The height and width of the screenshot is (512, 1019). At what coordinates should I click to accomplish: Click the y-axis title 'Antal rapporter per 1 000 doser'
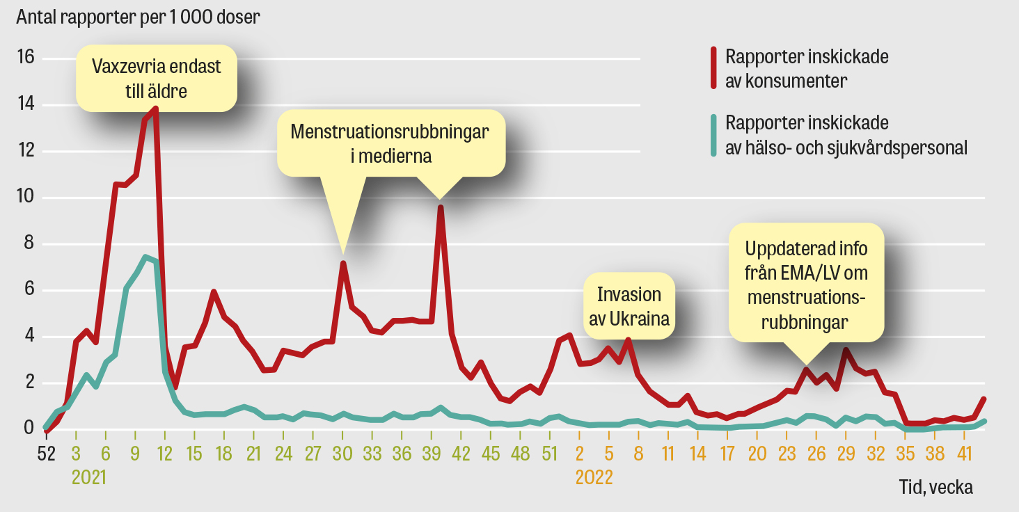tap(139, 17)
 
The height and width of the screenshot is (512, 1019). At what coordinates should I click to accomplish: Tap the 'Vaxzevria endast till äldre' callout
tap(157, 78)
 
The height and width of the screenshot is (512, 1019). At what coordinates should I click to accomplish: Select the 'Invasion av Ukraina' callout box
tap(629, 307)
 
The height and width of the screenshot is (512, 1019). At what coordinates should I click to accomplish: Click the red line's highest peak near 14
tap(155, 109)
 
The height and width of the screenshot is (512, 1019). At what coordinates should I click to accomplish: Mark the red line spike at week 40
tap(440, 207)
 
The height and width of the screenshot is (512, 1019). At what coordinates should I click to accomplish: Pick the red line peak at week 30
tap(343, 263)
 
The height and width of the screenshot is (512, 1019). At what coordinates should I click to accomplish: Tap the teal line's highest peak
tap(145, 258)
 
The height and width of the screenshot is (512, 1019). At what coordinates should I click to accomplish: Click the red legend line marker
tap(713, 68)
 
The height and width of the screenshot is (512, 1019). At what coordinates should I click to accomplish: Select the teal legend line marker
tap(713, 135)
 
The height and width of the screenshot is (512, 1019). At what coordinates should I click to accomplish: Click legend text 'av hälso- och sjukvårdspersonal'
tap(846, 147)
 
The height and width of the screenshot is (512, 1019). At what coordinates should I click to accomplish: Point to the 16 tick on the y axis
tap(26, 58)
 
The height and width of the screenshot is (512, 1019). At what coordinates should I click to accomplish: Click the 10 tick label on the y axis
tap(26, 198)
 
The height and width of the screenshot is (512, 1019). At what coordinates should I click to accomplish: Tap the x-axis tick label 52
tap(46, 454)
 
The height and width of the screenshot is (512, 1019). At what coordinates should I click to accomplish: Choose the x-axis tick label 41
tap(964, 454)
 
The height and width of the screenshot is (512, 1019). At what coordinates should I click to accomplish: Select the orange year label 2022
tap(593, 477)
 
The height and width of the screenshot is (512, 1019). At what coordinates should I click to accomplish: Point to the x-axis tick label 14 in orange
tap(698, 454)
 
